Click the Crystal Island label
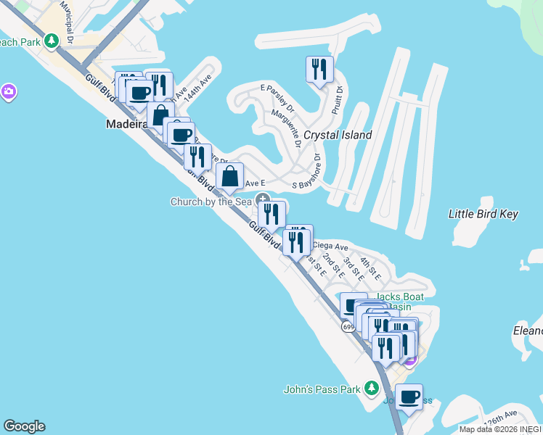(338, 135)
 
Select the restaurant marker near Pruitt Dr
(319, 70)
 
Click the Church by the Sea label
(211, 202)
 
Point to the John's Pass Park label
(322, 389)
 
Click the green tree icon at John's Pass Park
(372, 389)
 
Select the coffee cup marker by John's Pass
(409, 397)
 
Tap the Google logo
(24, 426)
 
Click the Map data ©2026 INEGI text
(499, 429)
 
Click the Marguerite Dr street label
(287, 125)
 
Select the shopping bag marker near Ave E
(229, 176)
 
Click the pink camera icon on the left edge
(9, 91)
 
